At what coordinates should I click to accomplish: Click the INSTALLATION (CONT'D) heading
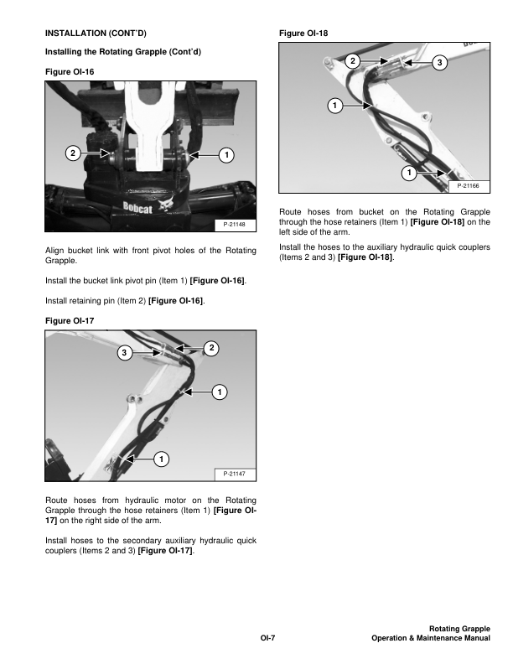point(96,34)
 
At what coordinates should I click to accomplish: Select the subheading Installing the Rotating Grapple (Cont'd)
point(122,53)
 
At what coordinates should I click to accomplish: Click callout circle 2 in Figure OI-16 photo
point(73,153)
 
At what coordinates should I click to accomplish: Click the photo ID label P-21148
point(234,225)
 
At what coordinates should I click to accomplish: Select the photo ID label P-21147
point(234,475)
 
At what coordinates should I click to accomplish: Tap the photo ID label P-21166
point(469,185)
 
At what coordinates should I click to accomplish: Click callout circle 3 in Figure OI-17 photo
point(123,353)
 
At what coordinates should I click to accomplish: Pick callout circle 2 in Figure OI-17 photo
point(211,347)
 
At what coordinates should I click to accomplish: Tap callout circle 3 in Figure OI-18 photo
point(438,64)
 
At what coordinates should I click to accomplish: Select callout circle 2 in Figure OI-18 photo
point(352,61)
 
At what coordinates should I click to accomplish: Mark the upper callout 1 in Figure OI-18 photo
point(334,106)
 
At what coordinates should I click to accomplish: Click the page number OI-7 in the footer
point(267,639)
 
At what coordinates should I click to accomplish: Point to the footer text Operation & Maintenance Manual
point(430,639)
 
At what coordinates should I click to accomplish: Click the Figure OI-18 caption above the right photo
point(303,34)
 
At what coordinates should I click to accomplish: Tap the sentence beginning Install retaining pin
point(127,299)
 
